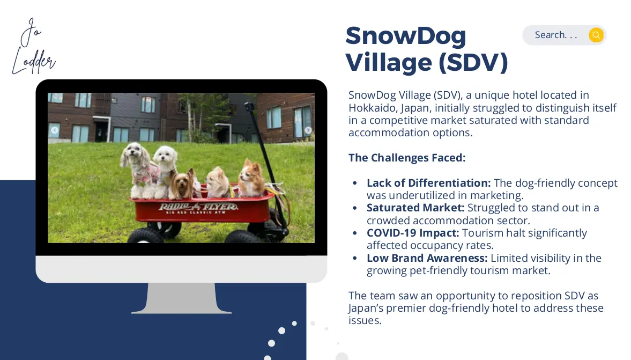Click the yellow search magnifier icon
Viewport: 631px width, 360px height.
click(596, 35)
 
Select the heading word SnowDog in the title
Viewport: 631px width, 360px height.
click(406, 35)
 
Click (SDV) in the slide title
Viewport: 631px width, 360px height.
click(473, 62)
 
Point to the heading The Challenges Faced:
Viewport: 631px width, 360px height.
click(407, 157)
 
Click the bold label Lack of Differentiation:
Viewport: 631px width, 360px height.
click(428, 183)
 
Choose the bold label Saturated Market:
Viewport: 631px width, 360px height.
click(415, 208)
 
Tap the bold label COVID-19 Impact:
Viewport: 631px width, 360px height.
click(412, 233)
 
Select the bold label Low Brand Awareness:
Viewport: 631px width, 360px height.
click(427, 258)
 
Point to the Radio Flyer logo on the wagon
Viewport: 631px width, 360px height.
click(198, 208)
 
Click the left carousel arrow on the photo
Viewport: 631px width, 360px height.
click(54, 130)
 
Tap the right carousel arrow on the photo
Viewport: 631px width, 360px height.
click(308, 130)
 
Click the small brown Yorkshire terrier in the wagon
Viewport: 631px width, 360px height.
click(183, 184)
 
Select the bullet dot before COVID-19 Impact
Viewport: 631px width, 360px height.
click(354, 233)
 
